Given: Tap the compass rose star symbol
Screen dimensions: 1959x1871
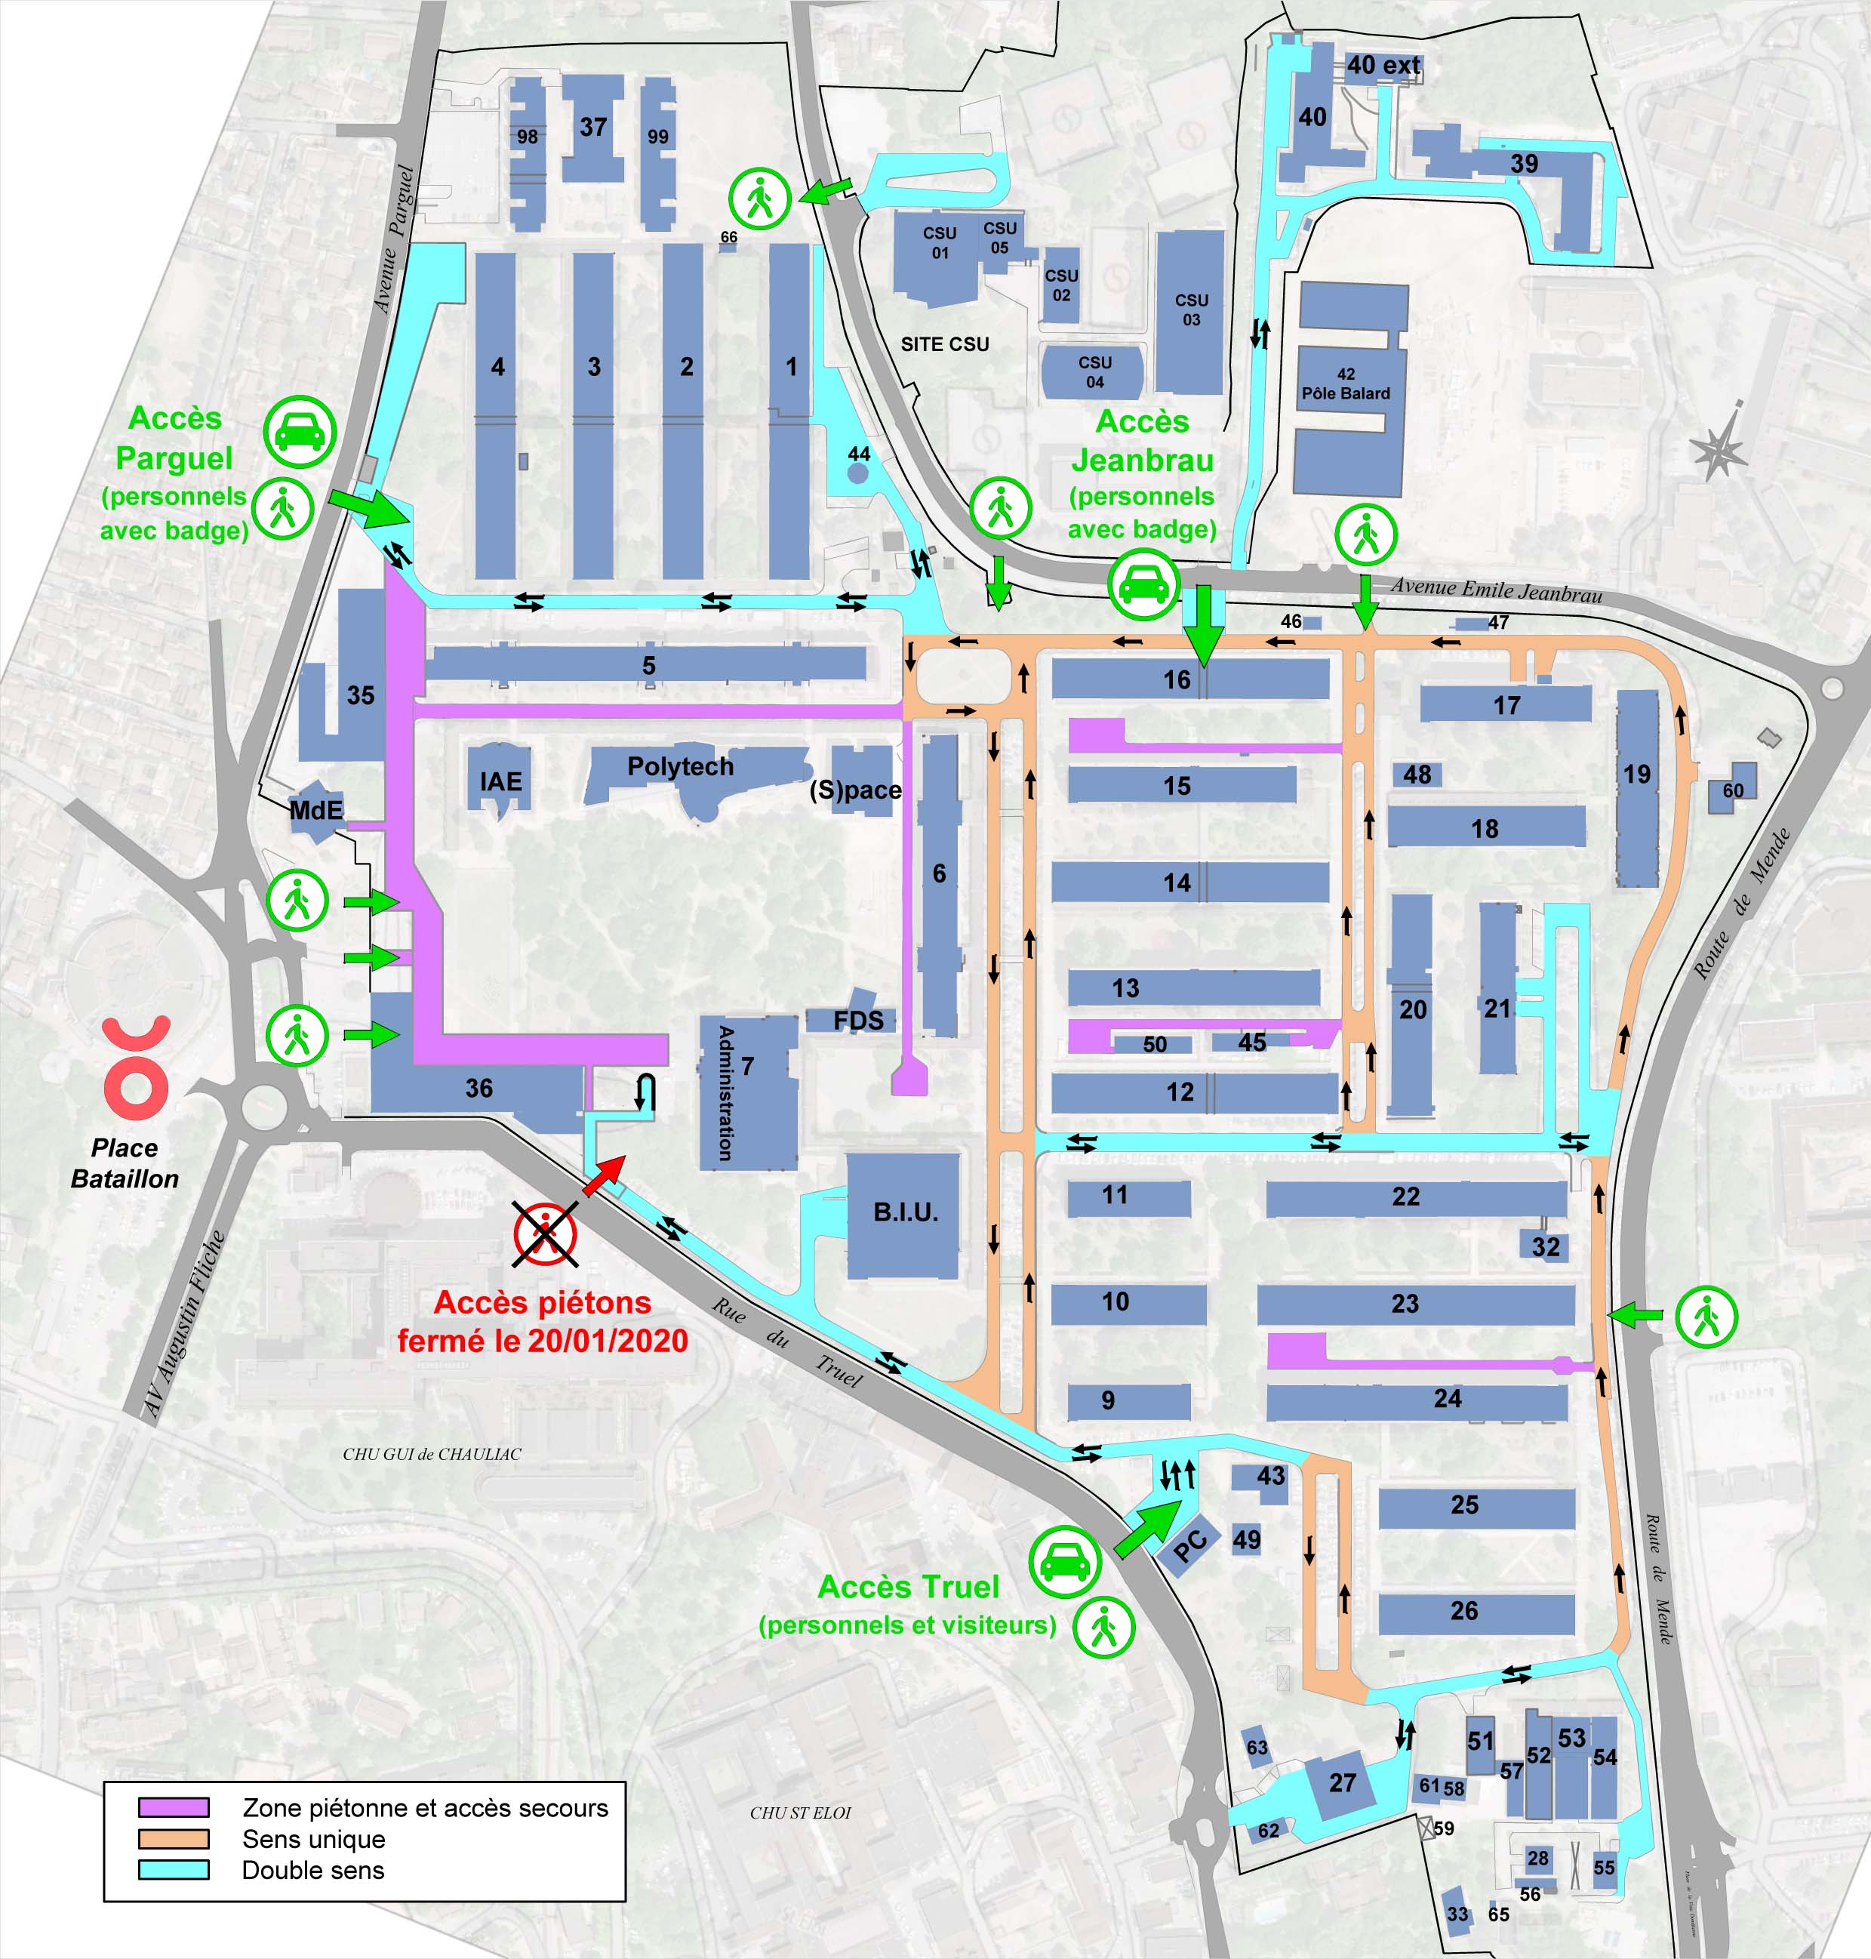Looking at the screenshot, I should tap(1719, 450).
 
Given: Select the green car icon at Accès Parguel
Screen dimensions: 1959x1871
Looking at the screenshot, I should tap(299, 432).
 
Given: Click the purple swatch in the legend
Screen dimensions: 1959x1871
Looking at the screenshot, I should tap(174, 1807).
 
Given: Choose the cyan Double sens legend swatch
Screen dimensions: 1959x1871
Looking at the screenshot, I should tap(174, 1869).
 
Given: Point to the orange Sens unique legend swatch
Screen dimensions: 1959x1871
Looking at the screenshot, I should tap(174, 1838).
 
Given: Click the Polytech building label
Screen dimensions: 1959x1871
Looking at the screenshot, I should tap(680, 766).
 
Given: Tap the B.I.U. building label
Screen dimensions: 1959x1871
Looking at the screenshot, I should tap(906, 1212).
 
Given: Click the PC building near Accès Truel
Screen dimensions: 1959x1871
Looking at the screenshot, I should tap(1189, 1544).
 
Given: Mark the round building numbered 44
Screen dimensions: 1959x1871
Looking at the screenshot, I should tap(857, 472).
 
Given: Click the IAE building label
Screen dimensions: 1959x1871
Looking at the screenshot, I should tap(500, 781).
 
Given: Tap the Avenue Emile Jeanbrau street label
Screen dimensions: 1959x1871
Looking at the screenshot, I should tap(1496, 590).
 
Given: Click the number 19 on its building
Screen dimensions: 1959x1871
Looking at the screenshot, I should tap(1636, 774).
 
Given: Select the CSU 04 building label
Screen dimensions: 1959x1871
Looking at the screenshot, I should tap(1094, 372).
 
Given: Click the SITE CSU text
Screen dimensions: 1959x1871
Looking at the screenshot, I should tap(944, 344).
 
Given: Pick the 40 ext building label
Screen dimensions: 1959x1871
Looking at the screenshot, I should tap(1383, 65).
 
